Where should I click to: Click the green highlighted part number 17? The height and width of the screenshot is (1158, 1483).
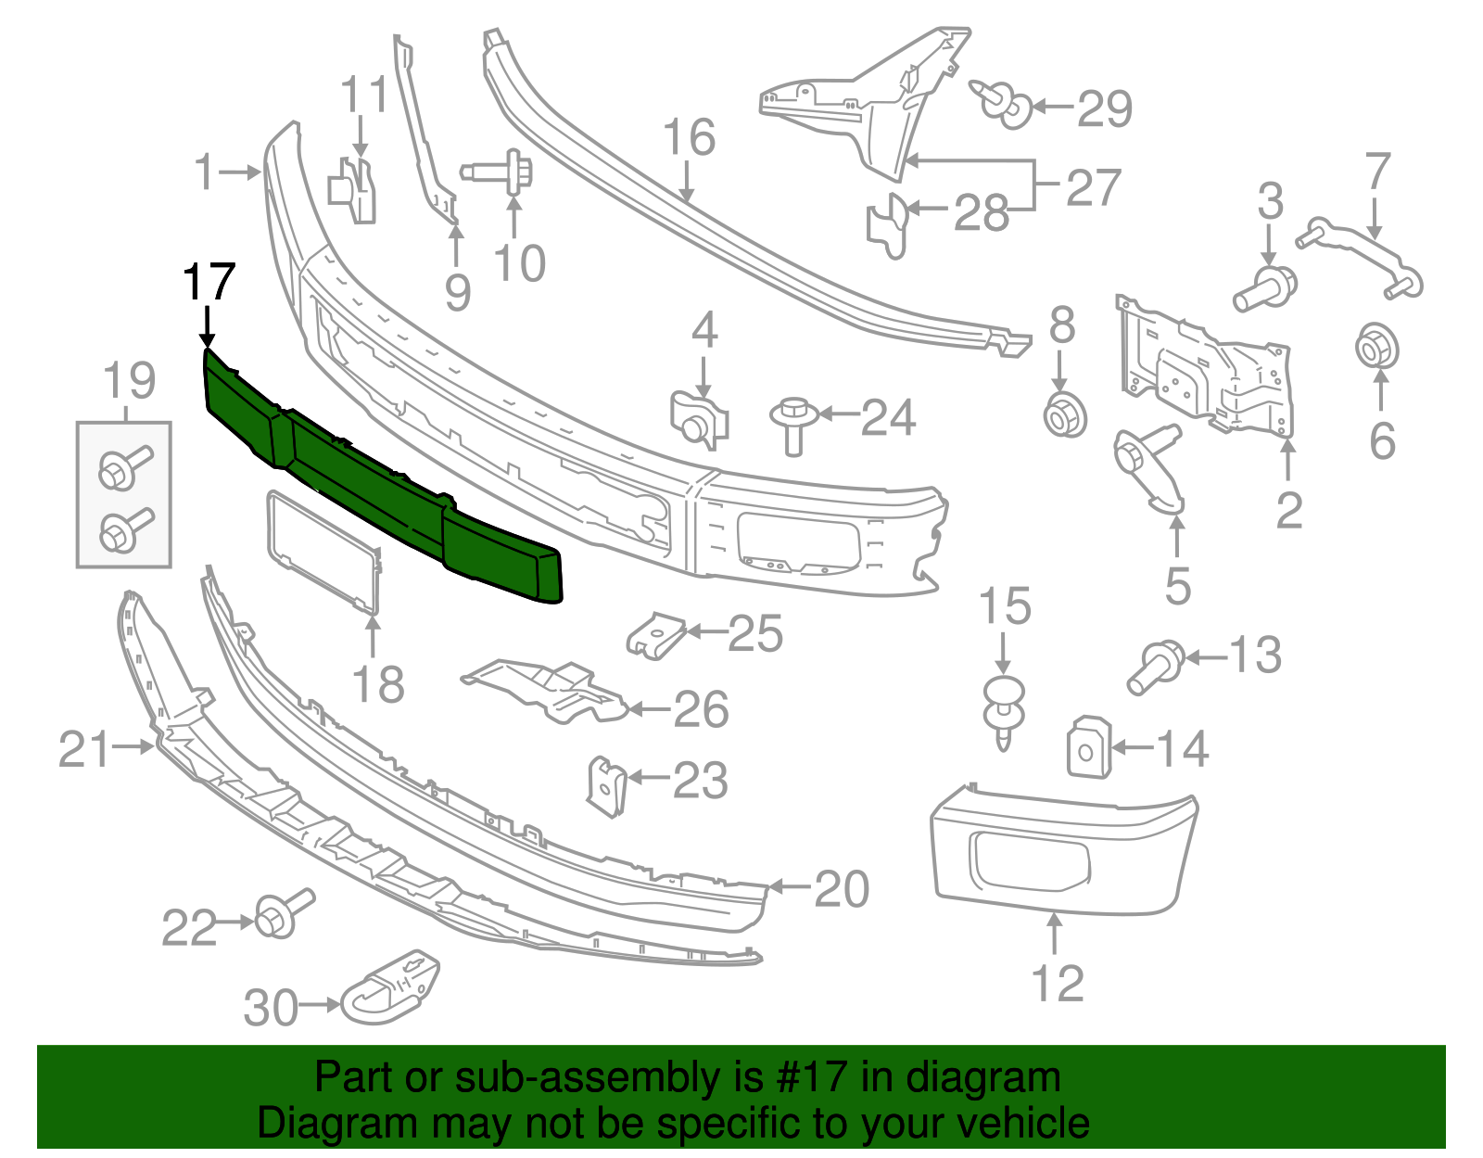[x=371, y=482]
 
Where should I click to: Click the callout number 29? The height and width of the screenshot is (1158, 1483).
[x=1104, y=108]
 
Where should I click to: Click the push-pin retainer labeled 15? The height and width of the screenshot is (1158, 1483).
[x=1005, y=710]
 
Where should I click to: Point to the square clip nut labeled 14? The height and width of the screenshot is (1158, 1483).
[x=1088, y=747]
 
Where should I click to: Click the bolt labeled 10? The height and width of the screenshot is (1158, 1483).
[x=506, y=173]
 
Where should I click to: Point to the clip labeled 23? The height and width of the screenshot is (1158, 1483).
[x=606, y=786]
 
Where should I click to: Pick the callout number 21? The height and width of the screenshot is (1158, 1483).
[x=84, y=749]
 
